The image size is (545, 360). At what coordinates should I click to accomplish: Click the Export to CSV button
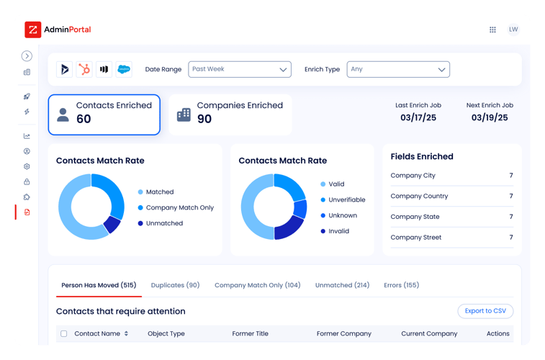click(x=485, y=311)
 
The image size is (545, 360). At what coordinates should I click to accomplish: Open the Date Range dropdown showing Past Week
click(x=240, y=69)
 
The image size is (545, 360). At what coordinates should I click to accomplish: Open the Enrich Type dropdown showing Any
click(x=398, y=69)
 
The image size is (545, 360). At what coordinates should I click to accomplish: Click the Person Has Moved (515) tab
click(x=99, y=285)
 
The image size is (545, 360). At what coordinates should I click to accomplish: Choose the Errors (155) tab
click(x=401, y=285)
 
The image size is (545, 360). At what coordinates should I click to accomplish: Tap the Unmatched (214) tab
click(x=342, y=285)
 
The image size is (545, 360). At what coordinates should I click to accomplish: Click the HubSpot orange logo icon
click(x=84, y=69)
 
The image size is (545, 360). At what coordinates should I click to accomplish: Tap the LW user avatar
click(x=513, y=30)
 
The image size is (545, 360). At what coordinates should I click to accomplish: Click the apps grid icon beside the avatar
click(x=492, y=30)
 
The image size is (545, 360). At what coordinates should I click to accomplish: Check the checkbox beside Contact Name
click(x=64, y=334)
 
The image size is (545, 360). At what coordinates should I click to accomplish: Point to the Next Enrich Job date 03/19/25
click(x=490, y=117)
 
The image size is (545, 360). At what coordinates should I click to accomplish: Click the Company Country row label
click(x=419, y=196)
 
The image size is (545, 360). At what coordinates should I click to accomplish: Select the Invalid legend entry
click(x=338, y=231)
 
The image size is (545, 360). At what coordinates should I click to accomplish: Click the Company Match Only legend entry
click(x=179, y=207)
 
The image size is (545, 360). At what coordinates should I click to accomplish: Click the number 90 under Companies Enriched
click(x=204, y=120)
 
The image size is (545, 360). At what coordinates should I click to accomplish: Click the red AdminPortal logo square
click(x=33, y=30)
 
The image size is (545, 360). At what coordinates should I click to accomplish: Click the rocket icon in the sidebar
click(x=27, y=96)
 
